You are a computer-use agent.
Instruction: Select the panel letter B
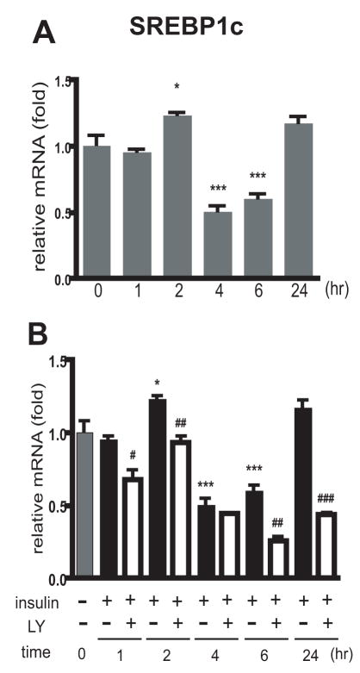click(x=45, y=332)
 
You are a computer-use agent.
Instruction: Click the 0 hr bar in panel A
click(x=97, y=212)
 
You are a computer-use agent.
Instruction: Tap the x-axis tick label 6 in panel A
click(x=258, y=292)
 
